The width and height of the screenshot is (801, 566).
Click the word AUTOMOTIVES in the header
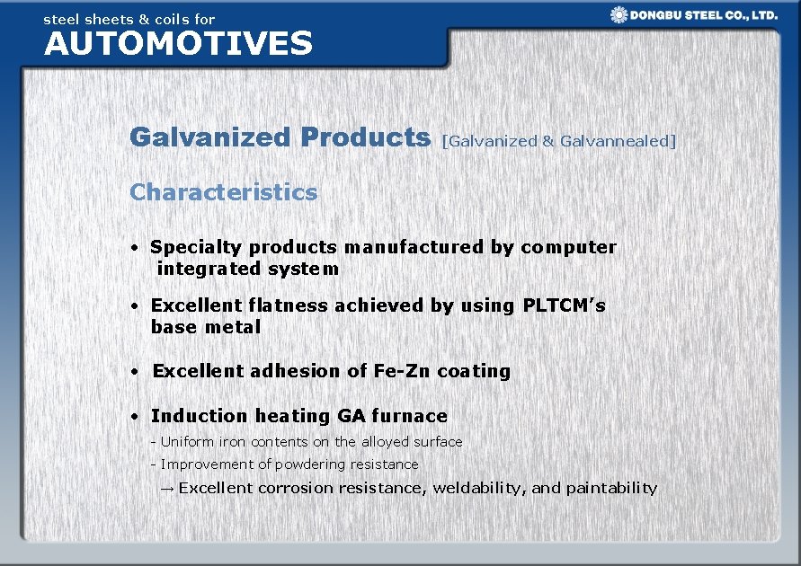[178, 43]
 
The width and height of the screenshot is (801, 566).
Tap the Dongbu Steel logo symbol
[619, 14]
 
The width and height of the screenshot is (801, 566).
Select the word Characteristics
[224, 191]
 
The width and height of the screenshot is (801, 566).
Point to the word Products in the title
[366, 137]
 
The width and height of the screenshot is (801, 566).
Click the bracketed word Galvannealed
[617, 140]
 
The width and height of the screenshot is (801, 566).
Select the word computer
[568, 247]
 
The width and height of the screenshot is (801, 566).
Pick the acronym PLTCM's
[564, 305]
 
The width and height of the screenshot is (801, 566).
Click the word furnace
[409, 416]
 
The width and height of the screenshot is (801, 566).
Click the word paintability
[613, 488]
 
